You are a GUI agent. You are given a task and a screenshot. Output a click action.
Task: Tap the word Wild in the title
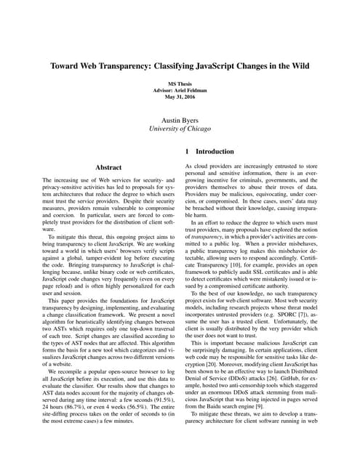tap(298, 65)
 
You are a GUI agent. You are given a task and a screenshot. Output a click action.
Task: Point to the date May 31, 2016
tap(180, 100)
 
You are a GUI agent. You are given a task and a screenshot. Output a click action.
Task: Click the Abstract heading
tap(108, 167)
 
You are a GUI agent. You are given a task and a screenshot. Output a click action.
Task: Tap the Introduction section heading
tap(215, 152)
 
